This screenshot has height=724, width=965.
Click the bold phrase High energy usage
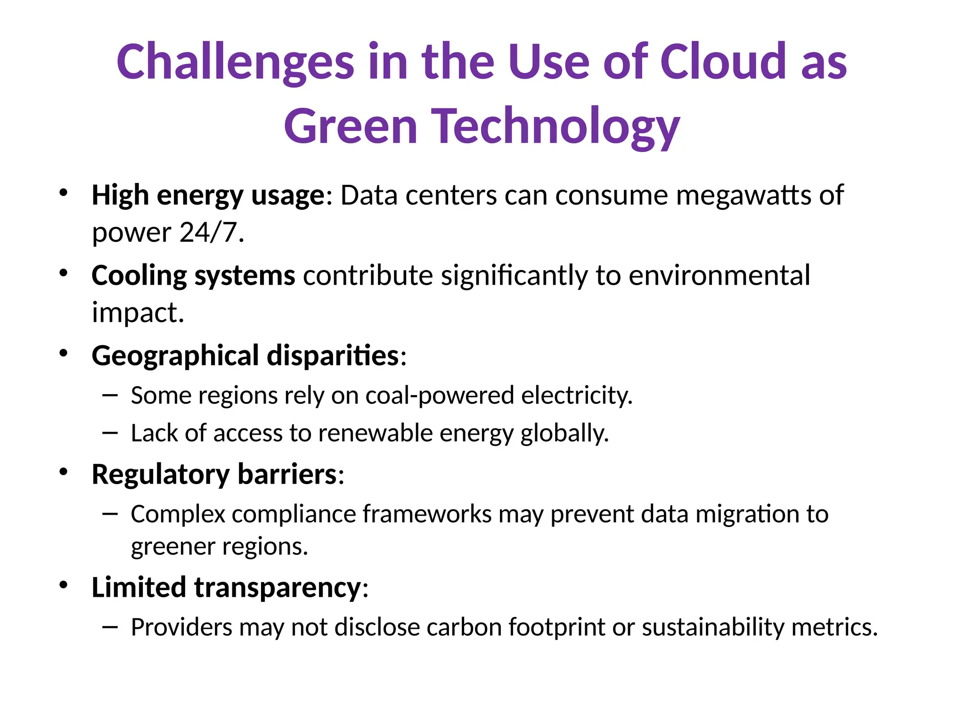coord(208,195)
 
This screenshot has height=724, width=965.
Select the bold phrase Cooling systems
coord(193,275)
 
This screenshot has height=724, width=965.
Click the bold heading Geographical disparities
coord(245,355)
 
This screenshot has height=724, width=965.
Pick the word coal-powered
coord(439,395)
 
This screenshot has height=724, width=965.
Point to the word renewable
coord(375,433)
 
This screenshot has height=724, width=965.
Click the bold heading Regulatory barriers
coord(214,474)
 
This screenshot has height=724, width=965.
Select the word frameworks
coord(427,514)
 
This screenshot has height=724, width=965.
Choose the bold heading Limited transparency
coord(226,587)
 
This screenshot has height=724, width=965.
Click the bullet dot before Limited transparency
coord(64,585)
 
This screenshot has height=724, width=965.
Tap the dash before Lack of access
coord(109,432)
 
